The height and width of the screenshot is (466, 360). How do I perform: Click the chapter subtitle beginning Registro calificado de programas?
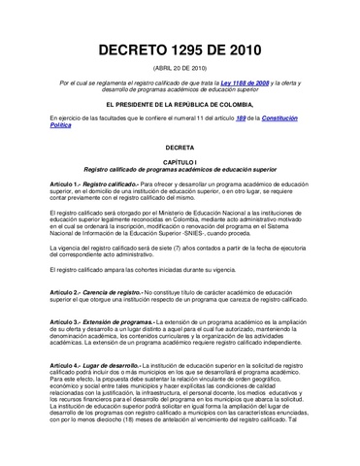(180, 180)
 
